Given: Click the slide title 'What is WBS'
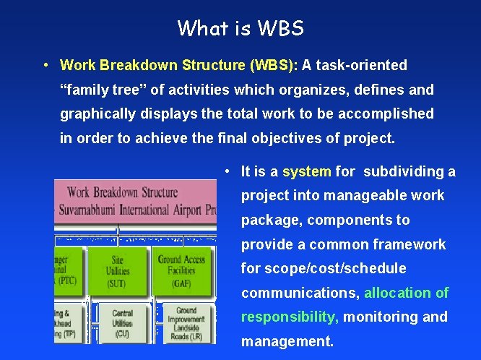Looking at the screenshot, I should tap(240, 28).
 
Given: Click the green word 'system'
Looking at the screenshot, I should tap(307, 172).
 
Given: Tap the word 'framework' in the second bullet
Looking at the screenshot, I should tap(409, 244).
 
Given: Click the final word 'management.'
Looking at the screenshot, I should tap(287, 341).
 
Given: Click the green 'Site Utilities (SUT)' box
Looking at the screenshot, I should tap(121, 271).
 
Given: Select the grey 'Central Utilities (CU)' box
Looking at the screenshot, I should tap(121, 323).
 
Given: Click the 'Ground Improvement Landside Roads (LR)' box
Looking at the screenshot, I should tap(185, 323).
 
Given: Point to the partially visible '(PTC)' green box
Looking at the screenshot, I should tap(68, 271).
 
